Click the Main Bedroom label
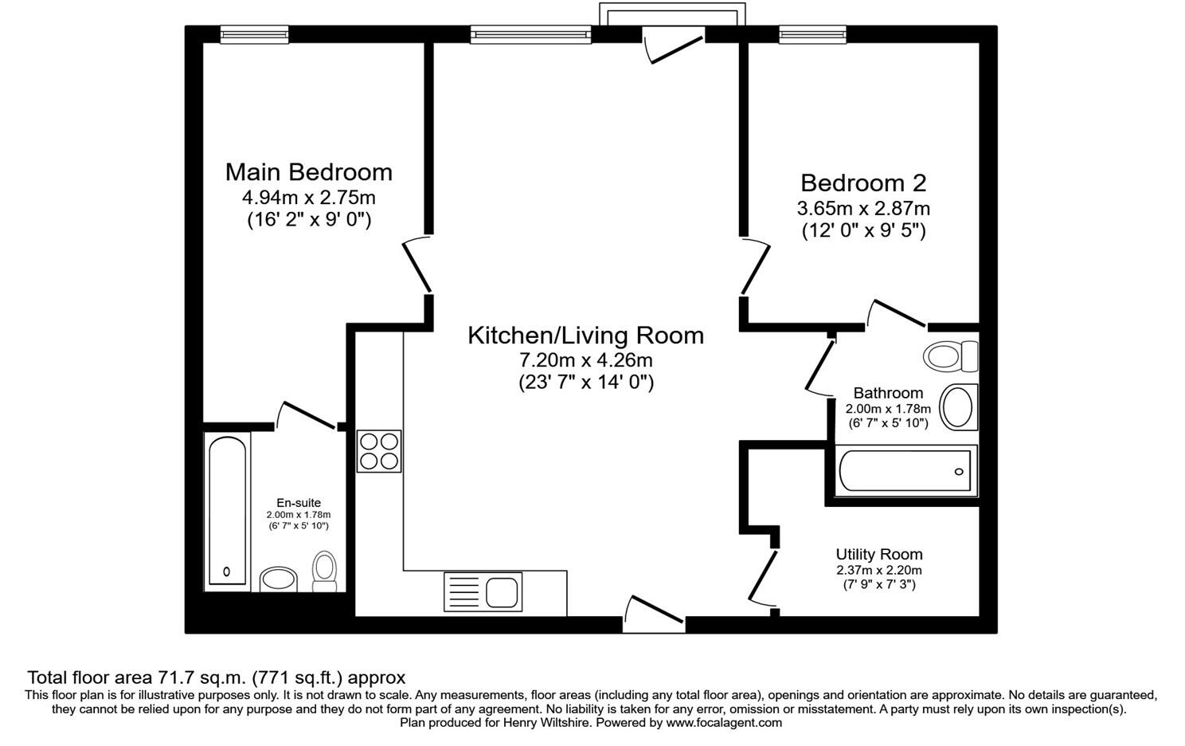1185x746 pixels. click(309, 173)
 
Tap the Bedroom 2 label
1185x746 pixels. click(863, 183)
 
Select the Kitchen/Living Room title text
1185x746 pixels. click(585, 336)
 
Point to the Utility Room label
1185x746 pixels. click(879, 555)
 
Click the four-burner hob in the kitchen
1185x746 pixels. click(379, 451)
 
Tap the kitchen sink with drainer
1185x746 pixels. click(483, 591)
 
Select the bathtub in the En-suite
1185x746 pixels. click(228, 512)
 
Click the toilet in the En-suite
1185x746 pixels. click(325, 571)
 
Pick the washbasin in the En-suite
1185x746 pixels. click(279, 579)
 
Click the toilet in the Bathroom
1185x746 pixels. click(951, 355)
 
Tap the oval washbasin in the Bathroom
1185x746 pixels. click(958, 407)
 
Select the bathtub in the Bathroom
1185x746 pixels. click(905, 471)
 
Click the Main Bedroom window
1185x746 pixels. click(255, 34)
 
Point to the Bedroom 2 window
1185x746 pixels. click(812, 34)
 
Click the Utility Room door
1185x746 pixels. click(762, 578)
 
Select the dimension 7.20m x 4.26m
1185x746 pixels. click(585, 360)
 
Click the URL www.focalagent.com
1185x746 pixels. click(724, 723)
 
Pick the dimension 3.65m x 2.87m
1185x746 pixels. click(863, 209)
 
